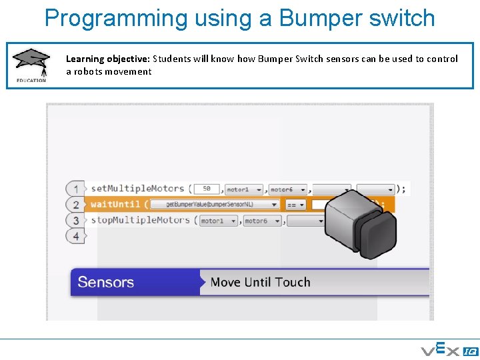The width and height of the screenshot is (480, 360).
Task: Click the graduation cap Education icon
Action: pos(31,65)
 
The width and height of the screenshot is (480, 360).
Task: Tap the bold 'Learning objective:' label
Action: pos(107,59)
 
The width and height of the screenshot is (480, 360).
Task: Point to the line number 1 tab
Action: pos(76,189)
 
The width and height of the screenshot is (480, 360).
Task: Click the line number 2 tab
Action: pos(76,205)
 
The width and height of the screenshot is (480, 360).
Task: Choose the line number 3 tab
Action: pos(76,221)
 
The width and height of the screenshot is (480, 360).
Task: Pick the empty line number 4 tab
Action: pos(76,236)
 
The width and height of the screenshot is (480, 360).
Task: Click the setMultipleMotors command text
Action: pos(137,189)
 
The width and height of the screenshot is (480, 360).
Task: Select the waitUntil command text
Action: pos(115,205)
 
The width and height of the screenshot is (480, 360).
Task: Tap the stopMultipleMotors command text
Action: pos(140,221)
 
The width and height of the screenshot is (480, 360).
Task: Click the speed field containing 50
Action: pos(207,189)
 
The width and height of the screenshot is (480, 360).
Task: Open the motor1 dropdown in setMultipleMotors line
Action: pos(244,190)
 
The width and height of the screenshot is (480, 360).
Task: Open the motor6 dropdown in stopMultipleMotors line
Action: pos(262,221)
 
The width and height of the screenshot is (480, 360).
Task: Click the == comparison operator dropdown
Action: pos(295,205)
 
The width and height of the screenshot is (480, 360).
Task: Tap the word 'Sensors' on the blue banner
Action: pos(105,282)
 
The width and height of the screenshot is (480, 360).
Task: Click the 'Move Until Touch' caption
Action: pos(260,282)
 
